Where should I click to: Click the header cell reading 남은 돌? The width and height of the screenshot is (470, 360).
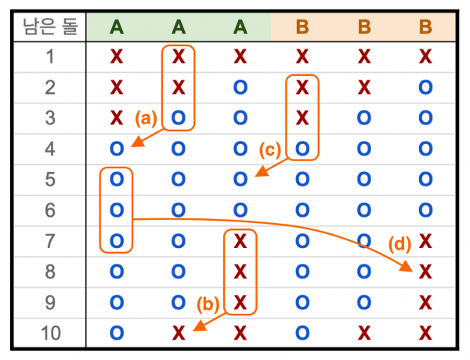[51, 27]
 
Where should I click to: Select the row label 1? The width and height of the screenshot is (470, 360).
[50, 56]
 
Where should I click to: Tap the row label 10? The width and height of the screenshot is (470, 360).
[51, 333]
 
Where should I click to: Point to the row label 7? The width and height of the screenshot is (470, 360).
[50, 241]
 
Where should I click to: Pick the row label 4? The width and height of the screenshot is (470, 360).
[50, 149]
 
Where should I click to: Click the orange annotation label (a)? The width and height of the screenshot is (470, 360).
[146, 118]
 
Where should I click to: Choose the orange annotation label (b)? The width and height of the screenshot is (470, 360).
[208, 304]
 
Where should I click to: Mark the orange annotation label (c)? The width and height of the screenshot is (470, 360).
[270, 149]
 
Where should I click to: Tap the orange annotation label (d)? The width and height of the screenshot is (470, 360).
[399, 244]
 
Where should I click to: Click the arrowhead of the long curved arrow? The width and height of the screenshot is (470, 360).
[407, 267]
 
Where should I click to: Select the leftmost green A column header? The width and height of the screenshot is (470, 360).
[117, 27]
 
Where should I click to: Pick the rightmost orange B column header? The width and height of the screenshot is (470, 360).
[425, 27]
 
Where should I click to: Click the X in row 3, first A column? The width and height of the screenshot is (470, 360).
[117, 118]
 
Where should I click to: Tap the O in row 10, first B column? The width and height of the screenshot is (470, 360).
[302, 333]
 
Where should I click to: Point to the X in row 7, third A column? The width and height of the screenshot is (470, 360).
[240, 241]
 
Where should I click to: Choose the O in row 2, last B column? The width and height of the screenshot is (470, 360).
[425, 88]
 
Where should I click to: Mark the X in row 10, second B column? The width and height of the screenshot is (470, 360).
[364, 333]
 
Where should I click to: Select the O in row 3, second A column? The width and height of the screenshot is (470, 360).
[179, 118]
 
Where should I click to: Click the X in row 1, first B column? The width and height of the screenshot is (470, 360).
[302, 56]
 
